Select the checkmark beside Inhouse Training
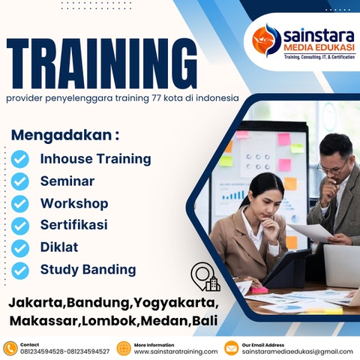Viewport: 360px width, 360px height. pyautogui.click(x=21, y=159)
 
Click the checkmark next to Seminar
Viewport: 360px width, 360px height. pyautogui.click(x=21, y=181)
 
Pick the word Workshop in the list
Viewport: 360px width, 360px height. pyautogui.click(x=74, y=203)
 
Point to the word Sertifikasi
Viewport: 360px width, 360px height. pyautogui.click(x=73, y=225)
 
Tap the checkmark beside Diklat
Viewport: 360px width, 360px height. pyautogui.click(x=21, y=247)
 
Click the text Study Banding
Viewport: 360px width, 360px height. pyautogui.click(x=88, y=269)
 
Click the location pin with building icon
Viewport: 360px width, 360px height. pyautogui.click(x=205, y=277)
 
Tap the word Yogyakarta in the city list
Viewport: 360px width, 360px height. pyautogui.click(x=175, y=304)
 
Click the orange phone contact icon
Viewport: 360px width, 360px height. pyautogui.click(x=10, y=347)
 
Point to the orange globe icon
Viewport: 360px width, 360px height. pyautogui.click(x=124, y=347)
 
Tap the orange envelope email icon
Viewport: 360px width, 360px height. pyautogui.click(x=231, y=347)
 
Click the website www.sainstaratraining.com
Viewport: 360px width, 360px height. pyautogui.click(x=175, y=351)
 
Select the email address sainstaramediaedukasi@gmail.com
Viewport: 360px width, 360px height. pyautogui.click(x=297, y=351)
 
